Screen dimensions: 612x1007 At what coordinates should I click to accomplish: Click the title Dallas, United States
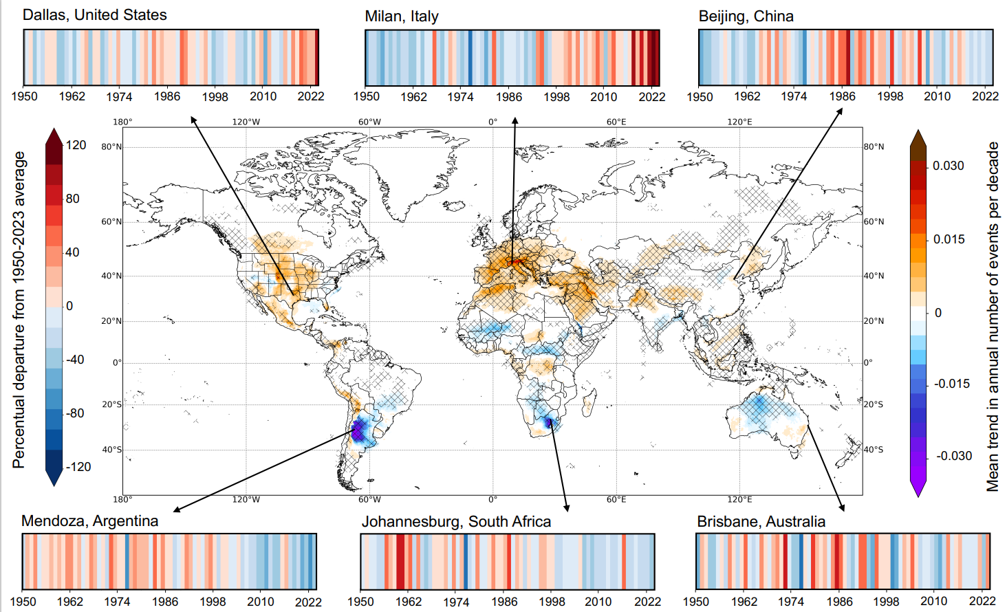tap(94, 15)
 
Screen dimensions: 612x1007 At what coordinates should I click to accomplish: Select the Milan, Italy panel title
tap(401, 17)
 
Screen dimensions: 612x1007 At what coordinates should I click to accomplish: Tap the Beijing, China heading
tap(746, 17)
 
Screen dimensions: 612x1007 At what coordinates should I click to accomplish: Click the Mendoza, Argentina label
tap(89, 521)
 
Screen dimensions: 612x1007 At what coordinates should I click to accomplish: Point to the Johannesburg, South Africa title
tap(456, 522)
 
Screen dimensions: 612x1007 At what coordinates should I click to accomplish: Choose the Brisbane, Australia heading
tap(761, 522)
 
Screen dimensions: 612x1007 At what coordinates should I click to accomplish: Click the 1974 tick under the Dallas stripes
tap(119, 97)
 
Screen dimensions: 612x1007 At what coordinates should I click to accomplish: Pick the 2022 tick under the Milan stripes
tap(651, 97)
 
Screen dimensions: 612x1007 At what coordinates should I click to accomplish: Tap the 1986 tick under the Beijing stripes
tap(842, 97)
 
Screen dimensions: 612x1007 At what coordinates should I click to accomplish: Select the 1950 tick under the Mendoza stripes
tap(23, 602)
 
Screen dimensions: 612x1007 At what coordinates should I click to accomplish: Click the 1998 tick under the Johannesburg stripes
tap(552, 602)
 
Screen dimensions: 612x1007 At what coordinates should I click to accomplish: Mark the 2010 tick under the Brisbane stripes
tap(933, 602)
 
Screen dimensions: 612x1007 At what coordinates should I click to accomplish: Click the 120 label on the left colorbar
tap(76, 145)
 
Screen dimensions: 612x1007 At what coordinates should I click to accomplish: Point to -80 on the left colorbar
tap(74, 413)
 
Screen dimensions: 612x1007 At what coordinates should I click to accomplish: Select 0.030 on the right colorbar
tap(948, 166)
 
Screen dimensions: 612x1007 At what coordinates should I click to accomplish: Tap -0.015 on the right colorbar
tap(951, 384)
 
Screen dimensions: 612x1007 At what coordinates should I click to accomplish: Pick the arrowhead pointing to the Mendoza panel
tap(176, 510)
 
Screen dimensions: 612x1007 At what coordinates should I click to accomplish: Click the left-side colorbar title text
tap(19, 309)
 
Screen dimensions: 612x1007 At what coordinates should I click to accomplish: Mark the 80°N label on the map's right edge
tap(874, 146)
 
